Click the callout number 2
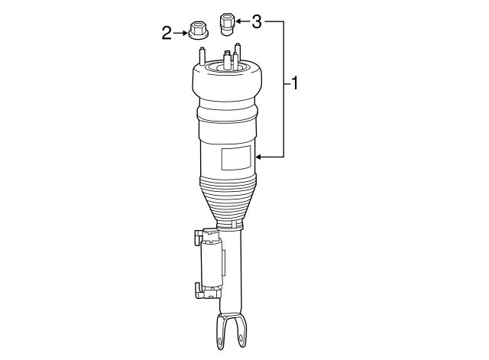(x=167, y=32)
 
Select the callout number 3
(x=257, y=21)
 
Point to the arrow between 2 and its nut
(x=180, y=32)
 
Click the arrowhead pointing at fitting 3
(x=238, y=21)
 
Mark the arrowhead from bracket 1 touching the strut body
(x=261, y=157)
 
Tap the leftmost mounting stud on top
(x=202, y=57)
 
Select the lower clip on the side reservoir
(x=199, y=290)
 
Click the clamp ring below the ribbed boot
(x=231, y=225)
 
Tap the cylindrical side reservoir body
(x=212, y=264)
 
